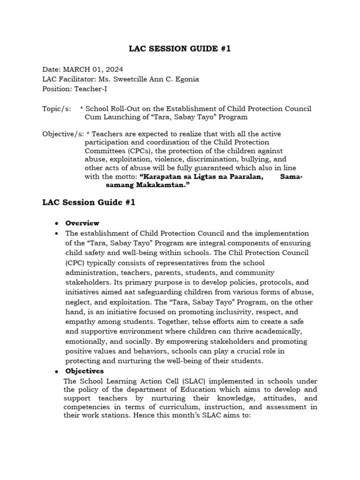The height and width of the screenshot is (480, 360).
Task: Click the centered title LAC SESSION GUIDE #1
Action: (x=180, y=49)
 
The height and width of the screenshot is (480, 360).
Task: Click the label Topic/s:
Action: (x=57, y=109)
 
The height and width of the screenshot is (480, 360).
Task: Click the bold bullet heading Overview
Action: (x=82, y=223)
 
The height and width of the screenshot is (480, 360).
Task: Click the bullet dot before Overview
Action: (x=56, y=224)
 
